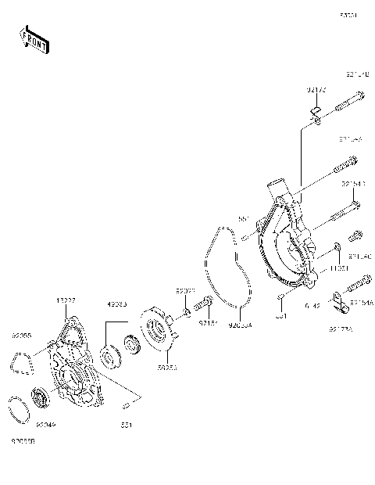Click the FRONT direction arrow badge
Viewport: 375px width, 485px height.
pyautogui.click(x=33, y=38)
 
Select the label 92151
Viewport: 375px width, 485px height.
pyautogui.click(x=206, y=322)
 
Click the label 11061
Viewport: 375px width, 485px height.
pyautogui.click(x=337, y=268)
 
